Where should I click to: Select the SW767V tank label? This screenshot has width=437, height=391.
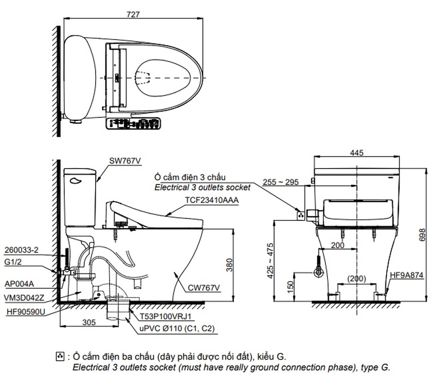(x=124, y=161)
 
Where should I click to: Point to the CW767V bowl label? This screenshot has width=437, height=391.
(x=206, y=288)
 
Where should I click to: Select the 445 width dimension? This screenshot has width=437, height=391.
(x=357, y=153)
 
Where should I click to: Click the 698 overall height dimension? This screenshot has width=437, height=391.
(x=422, y=235)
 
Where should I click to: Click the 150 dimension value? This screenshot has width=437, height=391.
(x=291, y=285)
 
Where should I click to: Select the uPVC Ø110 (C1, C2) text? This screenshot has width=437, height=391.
(x=170, y=327)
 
